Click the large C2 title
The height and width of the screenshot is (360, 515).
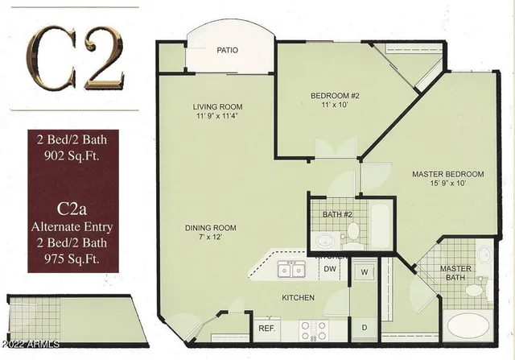click(x=77, y=57)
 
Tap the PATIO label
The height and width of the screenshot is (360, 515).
click(x=227, y=50)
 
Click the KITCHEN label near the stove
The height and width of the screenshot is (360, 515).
click(x=298, y=298)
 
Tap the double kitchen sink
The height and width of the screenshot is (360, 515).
click(x=290, y=271)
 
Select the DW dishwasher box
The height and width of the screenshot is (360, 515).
click(x=329, y=269)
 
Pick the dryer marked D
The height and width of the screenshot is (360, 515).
click(x=364, y=327)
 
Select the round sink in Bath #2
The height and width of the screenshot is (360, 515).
click(x=325, y=239)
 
